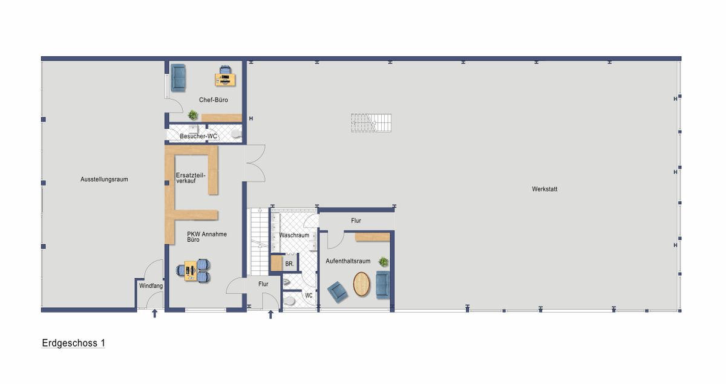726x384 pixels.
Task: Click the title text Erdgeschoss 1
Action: pos(74,343)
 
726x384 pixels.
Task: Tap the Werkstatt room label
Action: pos(544,189)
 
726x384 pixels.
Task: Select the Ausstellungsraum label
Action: pos(104,180)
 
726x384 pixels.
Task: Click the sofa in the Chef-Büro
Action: pos(178,78)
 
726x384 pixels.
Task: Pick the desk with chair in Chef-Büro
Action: pos(226,77)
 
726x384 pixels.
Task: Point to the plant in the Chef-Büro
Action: pos(193,114)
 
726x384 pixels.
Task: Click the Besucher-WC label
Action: pos(198,136)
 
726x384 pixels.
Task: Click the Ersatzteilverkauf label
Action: pos(190,178)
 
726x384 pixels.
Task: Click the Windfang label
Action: pos(151,285)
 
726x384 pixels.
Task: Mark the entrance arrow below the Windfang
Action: pos(154,313)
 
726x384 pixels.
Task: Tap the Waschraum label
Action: pos(294,235)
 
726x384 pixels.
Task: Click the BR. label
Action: pos(289,264)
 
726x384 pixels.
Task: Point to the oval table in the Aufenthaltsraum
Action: pos(362,284)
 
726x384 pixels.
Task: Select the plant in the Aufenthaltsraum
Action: pos(383,262)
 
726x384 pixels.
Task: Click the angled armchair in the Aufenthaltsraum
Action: pos(337,291)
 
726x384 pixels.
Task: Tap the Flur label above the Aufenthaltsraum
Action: pos(356,221)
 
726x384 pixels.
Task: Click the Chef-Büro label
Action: pos(214,100)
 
